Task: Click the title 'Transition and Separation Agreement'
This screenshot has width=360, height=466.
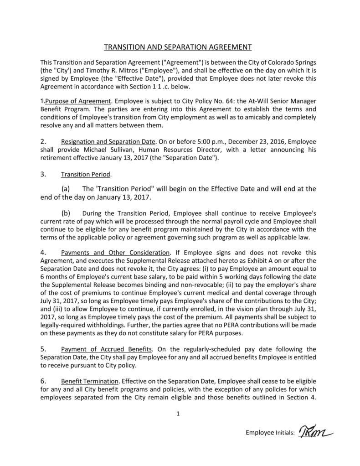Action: [x=178, y=47]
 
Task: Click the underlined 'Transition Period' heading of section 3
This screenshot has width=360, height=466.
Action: [x=86, y=175]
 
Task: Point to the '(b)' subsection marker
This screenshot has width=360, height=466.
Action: [x=66, y=213]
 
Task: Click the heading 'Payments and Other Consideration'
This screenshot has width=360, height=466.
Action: [x=115, y=253]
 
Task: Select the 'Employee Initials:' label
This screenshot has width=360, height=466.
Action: [x=270, y=433]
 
